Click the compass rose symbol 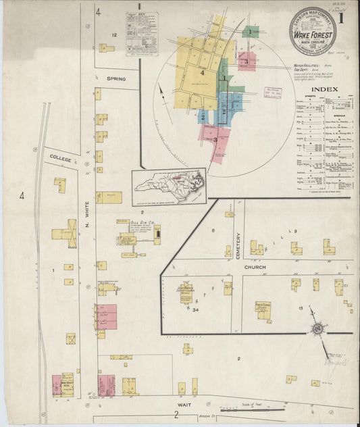pos(316,329)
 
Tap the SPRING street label pos(116,79)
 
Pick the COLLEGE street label pos(60,157)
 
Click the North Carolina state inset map pos(169,182)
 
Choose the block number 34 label pos(195,310)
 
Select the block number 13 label pos(299,308)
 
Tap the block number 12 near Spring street pos(115,34)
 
